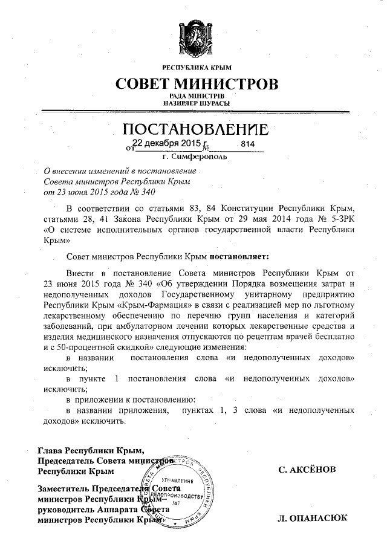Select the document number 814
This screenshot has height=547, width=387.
pos(248,144)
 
